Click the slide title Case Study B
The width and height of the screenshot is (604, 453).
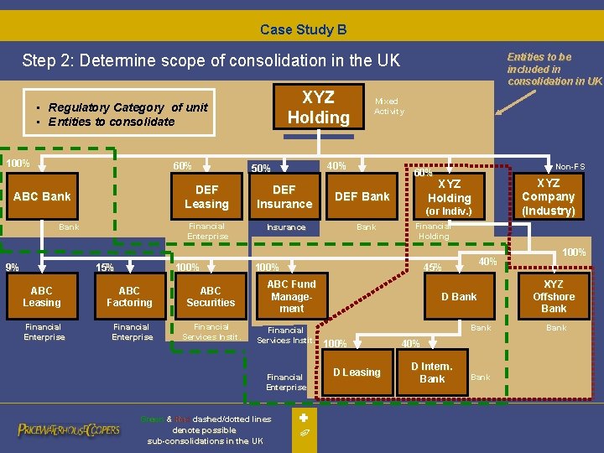(303, 29)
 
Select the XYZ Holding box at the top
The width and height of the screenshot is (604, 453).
(318, 107)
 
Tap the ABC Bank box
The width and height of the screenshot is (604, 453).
(43, 196)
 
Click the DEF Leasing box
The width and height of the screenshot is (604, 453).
(206, 196)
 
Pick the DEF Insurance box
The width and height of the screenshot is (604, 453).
(284, 196)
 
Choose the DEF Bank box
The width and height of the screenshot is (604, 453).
(362, 196)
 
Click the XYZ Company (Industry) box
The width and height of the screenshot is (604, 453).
(548, 196)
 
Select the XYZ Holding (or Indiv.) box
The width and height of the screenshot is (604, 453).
(450, 196)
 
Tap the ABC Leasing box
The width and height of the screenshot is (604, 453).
(42, 296)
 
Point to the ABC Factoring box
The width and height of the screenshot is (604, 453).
(129, 296)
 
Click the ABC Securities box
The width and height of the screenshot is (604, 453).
(211, 296)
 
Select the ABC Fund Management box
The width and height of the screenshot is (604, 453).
(291, 296)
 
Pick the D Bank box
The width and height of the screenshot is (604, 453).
(459, 296)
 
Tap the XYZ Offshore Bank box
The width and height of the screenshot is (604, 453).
(554, 296)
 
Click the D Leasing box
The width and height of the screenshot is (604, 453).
(357, 372)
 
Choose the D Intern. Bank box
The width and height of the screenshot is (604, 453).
(432, 372)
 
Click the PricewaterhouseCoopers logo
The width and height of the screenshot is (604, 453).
(69, 430)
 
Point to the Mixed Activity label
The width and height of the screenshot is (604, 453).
(388, 106)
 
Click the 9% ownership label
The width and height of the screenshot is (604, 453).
(13, 268)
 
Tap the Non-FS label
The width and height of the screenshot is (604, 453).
(570, 167)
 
